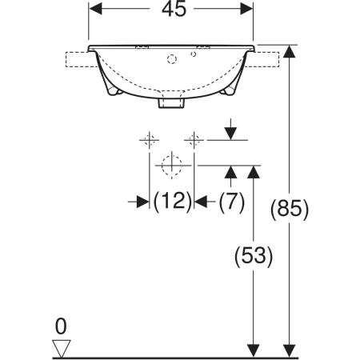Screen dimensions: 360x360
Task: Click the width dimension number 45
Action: [174, 9]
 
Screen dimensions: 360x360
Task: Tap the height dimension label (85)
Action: [290, 210]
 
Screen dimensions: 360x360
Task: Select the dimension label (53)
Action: [254, 256]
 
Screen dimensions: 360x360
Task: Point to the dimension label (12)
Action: [173, 201]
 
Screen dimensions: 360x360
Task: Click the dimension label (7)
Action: [231, 202]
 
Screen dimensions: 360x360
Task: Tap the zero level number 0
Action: [61, 326]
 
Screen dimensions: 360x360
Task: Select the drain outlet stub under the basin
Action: [171, 103]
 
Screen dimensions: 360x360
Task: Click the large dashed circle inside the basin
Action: [172, 59]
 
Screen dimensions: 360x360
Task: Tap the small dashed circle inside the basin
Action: [194, 54]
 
